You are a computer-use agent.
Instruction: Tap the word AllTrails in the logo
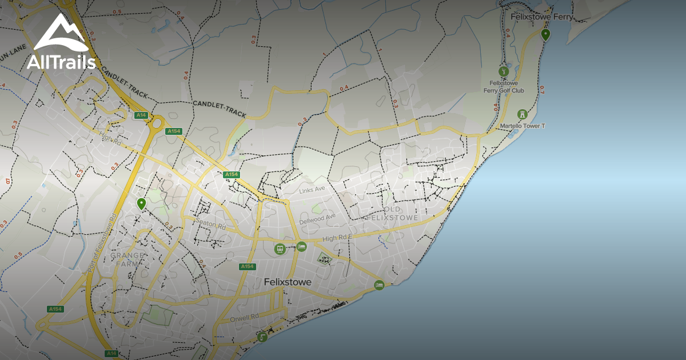(61, 62)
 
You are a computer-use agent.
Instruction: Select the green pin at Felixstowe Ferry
(545, 35)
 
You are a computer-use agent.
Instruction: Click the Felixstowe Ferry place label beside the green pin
(541, 17)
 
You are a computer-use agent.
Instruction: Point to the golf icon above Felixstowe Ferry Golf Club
(503, 72)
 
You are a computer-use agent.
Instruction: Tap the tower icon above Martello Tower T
(522, 114)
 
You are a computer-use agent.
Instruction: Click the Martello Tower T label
(523, 126)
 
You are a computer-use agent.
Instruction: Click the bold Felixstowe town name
(288, 282)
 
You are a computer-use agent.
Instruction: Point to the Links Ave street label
(312, 189)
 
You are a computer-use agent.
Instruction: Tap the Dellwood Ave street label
(318, 218)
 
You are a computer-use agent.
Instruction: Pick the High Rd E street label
(338, 238)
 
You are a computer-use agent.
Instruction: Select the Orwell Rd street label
(244, 316)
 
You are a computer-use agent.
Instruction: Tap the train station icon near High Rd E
(280, 249)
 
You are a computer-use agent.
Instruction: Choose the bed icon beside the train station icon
(301, 247)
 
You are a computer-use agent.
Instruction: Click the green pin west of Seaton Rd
(141, 203)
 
